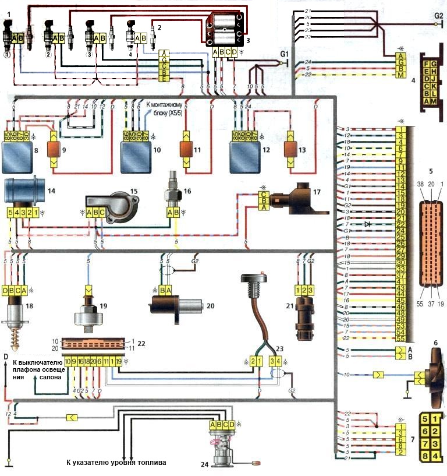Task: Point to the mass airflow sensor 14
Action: point(22,191)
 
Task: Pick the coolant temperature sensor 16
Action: point(172,186)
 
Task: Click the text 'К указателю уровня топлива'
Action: point(116,463)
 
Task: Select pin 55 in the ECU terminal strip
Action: point(400,339)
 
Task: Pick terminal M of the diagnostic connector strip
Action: point(400,75)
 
